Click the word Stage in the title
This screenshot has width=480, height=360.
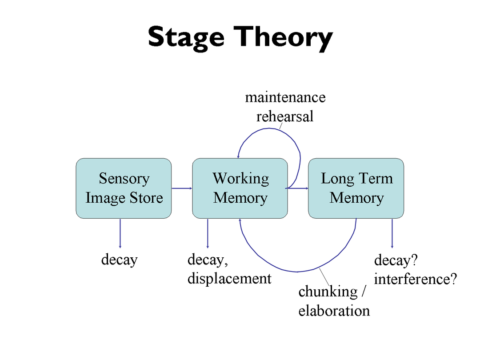(186, 38)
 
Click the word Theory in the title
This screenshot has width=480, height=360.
(283, 38)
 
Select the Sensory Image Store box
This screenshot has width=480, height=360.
(124, 188)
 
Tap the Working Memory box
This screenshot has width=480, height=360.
(240, 188)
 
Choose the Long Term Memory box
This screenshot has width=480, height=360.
(356, 188)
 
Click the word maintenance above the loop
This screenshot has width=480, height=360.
(285, 97)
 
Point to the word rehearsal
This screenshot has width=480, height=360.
(285, 116)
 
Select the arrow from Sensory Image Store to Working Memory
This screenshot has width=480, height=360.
(182, 188)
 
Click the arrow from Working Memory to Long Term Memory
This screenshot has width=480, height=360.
(298, 188)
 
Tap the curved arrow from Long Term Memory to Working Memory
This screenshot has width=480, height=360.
(296, 272)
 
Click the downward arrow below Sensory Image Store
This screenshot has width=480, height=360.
(120, 233)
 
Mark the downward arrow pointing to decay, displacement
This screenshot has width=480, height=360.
(208, 233)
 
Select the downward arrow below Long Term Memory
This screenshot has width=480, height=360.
(392, 233)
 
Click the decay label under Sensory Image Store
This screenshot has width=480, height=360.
(120, 260)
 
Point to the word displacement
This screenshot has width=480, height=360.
(230, 279)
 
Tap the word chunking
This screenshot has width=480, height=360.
(328, 292)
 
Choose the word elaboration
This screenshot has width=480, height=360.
(334, 311)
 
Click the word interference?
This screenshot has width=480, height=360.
(416, 279)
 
